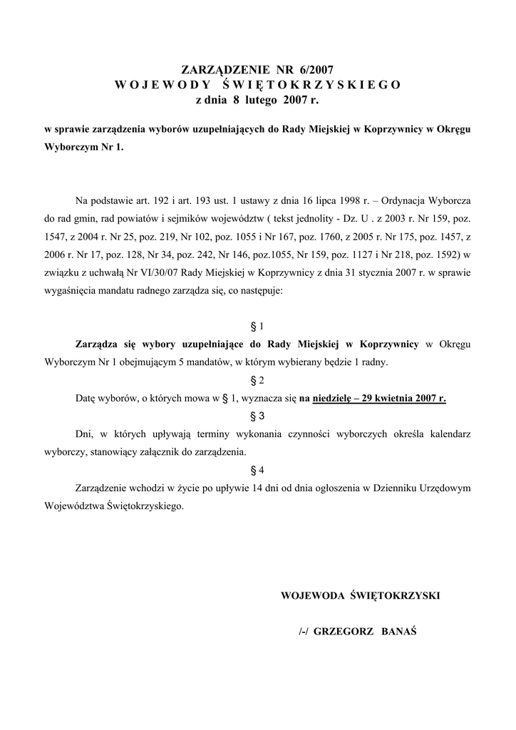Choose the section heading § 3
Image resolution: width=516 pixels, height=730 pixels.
pos(258,415)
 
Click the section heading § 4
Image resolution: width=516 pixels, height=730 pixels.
pos(258,470)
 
